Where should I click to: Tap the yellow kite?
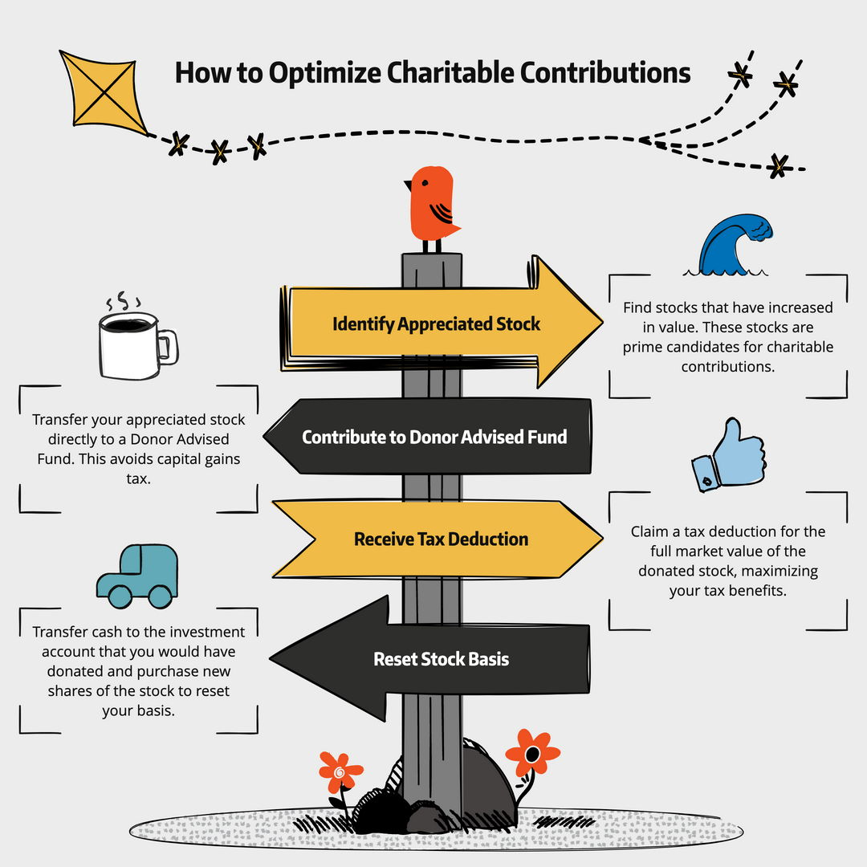[102, 92]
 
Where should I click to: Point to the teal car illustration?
[137, 575]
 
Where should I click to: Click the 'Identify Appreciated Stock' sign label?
[437, 324]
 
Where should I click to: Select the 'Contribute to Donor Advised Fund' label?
[434, 437]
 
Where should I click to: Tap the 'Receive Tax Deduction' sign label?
[441, 539]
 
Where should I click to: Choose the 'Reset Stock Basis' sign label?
[441, 659]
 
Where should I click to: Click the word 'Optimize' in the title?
[323, 73]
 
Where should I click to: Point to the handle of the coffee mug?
[167, 346]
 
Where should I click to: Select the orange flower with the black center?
[531, 753]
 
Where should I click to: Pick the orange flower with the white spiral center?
[340, 772]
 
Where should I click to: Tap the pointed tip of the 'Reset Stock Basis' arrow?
[273, 659]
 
